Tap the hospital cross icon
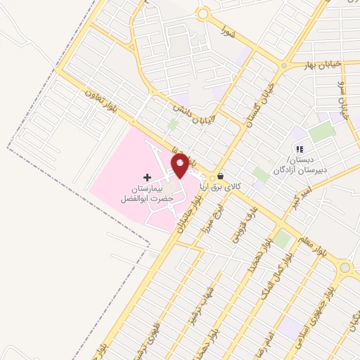147,177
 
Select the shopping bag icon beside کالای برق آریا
221,176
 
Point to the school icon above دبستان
299,149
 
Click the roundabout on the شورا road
203,13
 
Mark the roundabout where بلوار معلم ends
345,268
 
